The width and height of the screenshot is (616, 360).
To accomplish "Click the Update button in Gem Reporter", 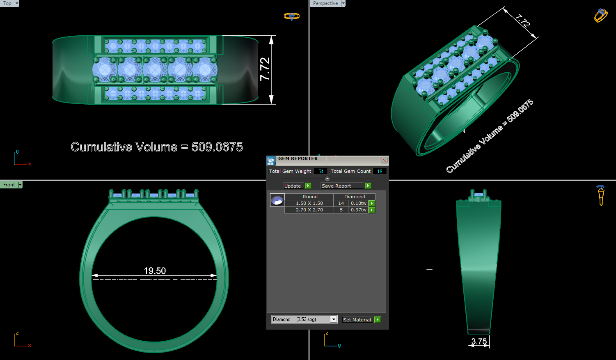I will click(293, 186).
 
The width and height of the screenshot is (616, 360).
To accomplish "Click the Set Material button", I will click(357, 320).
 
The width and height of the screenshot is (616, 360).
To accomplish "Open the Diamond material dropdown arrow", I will click(334, 319).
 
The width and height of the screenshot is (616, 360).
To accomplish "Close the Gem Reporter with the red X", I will click(384, 161).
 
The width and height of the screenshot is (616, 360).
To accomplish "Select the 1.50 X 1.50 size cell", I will click(309, 203).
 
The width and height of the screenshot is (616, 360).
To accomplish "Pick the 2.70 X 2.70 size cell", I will click(309, 210).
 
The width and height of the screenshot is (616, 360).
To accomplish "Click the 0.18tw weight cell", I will click(358, 203).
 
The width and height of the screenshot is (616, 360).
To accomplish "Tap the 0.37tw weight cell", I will click(358, 210).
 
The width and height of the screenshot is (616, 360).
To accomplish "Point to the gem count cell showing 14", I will click(341, 203).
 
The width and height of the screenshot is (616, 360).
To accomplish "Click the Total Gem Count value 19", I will click(380, 171).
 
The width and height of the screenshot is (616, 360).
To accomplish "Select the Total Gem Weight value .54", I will click(321, 171).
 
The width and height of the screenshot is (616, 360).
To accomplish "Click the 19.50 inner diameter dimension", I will click(155, 271).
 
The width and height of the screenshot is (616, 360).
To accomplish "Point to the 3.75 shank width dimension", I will click(479, 342).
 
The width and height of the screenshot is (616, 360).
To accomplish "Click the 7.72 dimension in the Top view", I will click(265, 69).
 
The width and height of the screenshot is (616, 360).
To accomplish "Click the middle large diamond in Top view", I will click(155, 70).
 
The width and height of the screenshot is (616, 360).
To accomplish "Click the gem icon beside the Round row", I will click(277, 200).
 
